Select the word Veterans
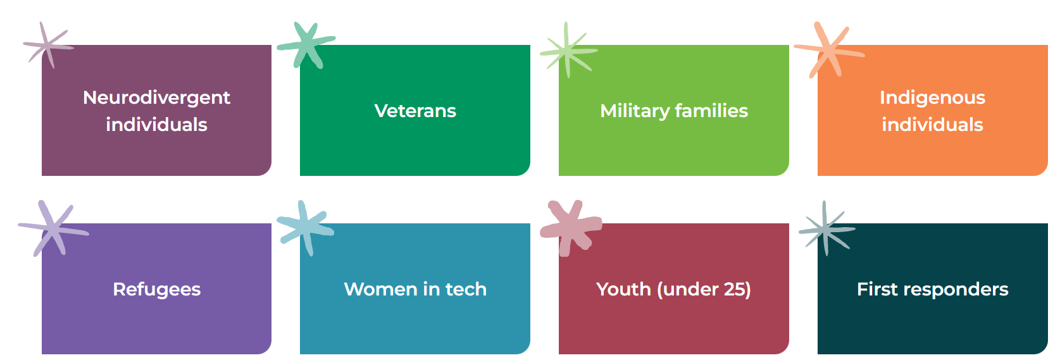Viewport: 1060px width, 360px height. pos(415,111)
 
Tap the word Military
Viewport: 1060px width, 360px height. pos(635,111)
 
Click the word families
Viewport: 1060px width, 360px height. pos(711,110)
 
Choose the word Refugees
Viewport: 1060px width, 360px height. pos(157,290)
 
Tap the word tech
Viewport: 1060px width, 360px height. pos(466,289)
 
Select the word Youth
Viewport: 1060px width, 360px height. pos(623,289)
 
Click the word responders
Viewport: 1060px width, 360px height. pos(956,290)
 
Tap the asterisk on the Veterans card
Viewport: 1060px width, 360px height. pos(306,45)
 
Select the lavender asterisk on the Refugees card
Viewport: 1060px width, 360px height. pos(53,229)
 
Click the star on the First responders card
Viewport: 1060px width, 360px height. pos(826,229)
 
